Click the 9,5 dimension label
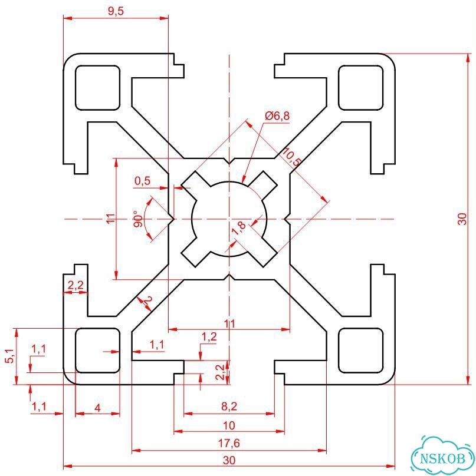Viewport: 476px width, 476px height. [116, 11]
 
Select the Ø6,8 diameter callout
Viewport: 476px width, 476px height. [277, 116]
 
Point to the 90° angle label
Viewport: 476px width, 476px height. [138, 219]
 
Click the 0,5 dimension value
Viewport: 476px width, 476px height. [143, 181]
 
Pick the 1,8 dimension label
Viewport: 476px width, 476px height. [239, 228]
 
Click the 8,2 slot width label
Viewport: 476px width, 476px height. [229, 406]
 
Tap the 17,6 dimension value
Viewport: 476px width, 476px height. [229, 443]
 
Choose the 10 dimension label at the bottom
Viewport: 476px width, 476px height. [229, 425]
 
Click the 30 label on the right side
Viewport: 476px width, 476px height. [462, 219]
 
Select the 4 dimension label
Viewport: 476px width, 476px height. [97, 408]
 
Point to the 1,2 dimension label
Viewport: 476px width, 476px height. [209, 336]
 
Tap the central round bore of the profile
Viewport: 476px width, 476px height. [229, 219]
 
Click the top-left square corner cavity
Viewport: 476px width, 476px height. [97, 88]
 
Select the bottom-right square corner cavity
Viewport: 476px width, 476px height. [360, 351]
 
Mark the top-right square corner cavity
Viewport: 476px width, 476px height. [360, 88]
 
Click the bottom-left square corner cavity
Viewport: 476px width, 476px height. [97, 351]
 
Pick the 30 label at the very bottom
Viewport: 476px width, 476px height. [229, 460]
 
